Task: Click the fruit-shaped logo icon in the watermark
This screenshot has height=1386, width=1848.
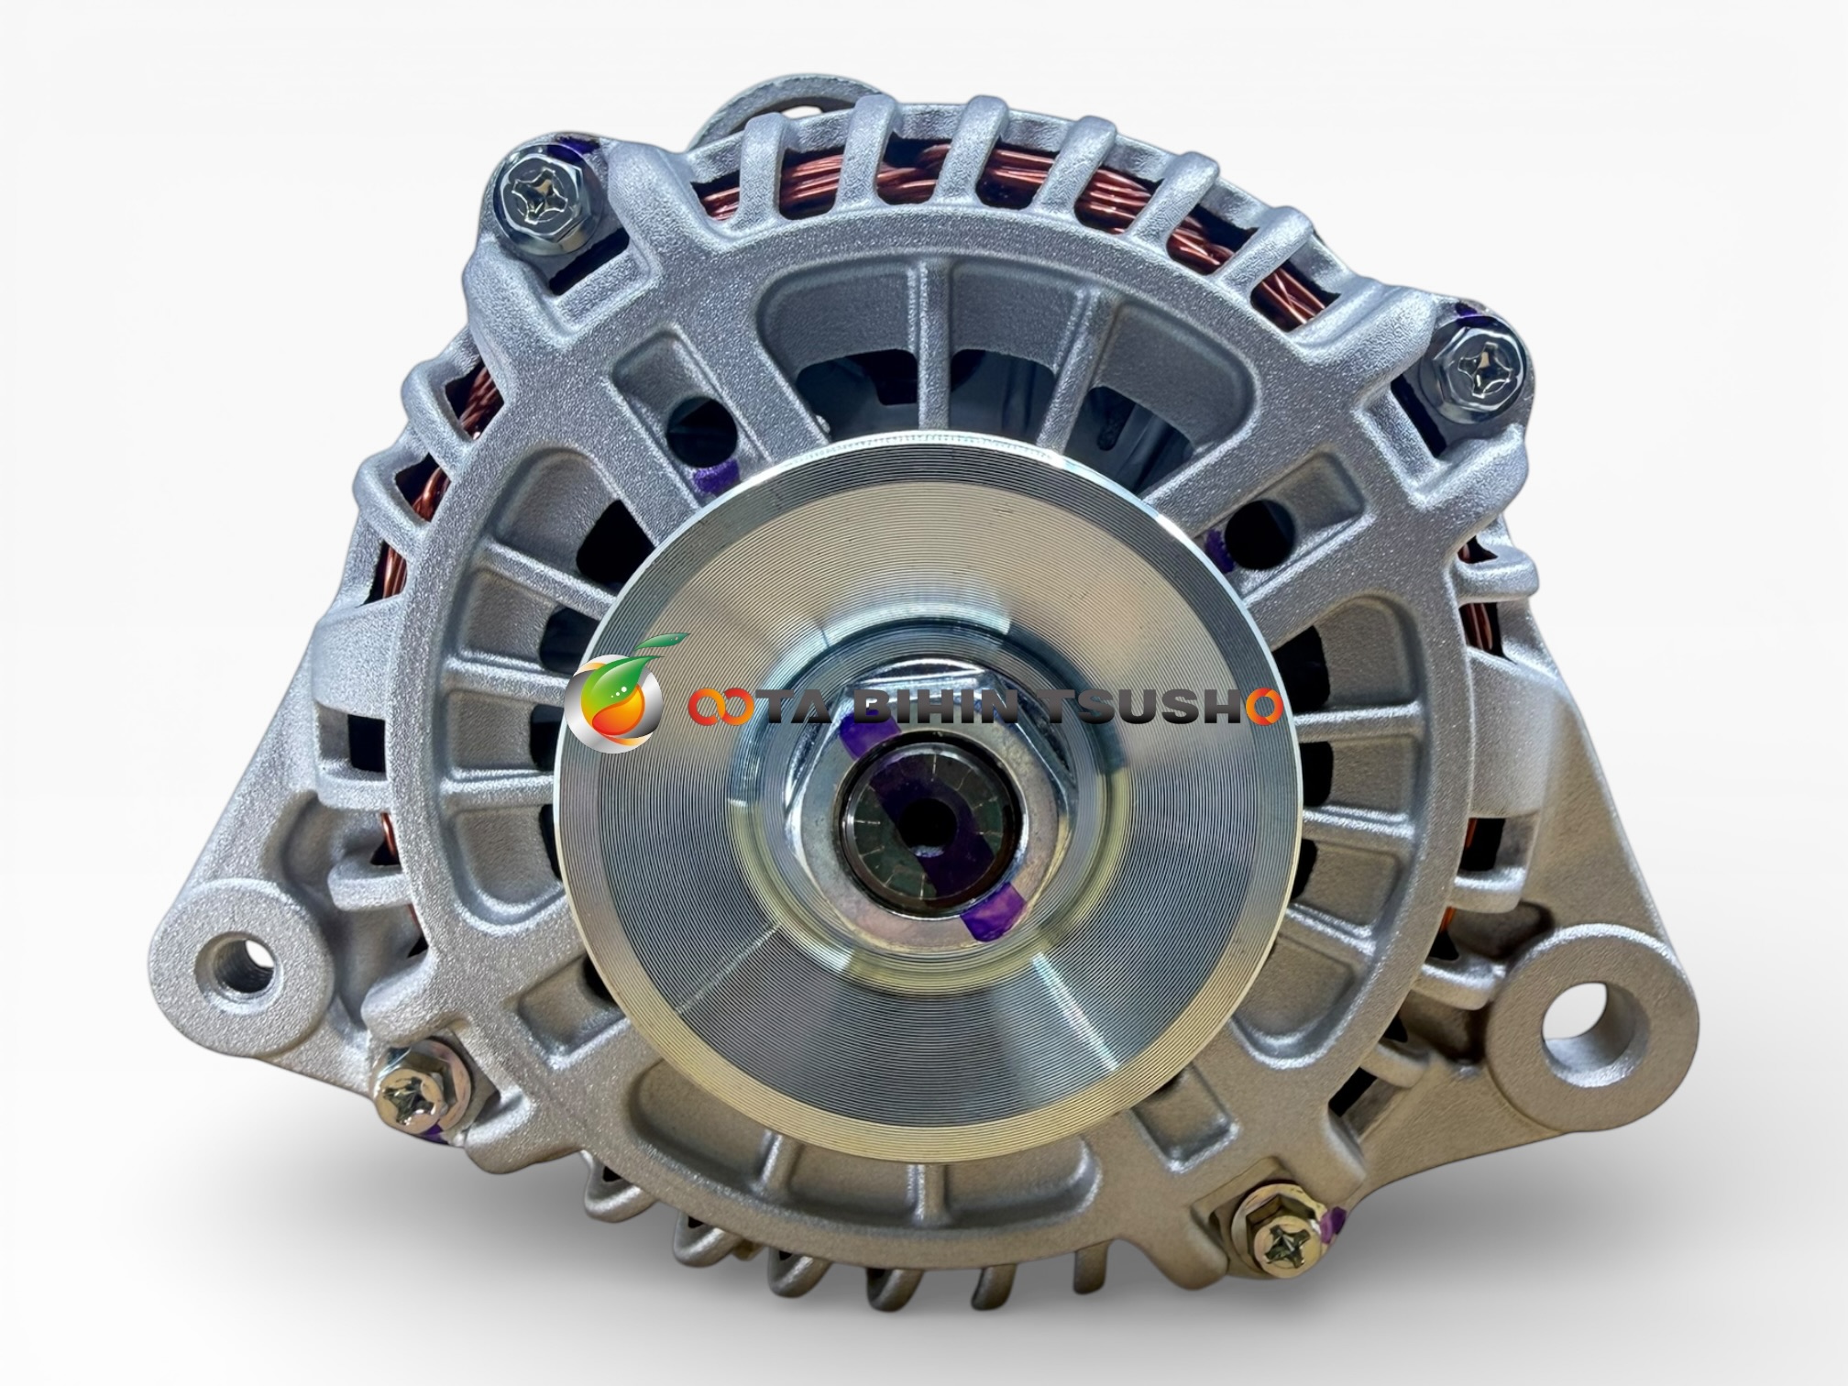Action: point(615,693)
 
